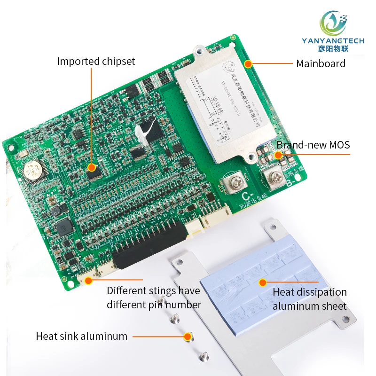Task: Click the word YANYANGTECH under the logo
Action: pyautogui.click(x=332, y=41)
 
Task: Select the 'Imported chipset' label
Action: pyautogui.click(x=96, y=61)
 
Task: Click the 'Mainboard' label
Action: pyautogui.click(x=321, y=63)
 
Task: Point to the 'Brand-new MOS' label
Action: pyautogui.click(x=313, y=145)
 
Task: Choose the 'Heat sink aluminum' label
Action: pyautogui.click(x=81, y=336)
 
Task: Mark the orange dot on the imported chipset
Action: pyautogui.click(x=92, y=166)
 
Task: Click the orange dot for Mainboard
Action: pyautogui.click(x=248, y=63)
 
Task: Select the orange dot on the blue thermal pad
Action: pyautogui.click(x=263, y=282)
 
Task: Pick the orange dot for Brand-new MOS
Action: pyautogui.click(x=278, y=155)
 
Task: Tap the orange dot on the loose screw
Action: pyautogui.click(x=188, y=336)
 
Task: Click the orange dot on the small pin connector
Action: pyautogui.click(x=87, y=280)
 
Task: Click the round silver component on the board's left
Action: pyautogui.click(x=33, y=172)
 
